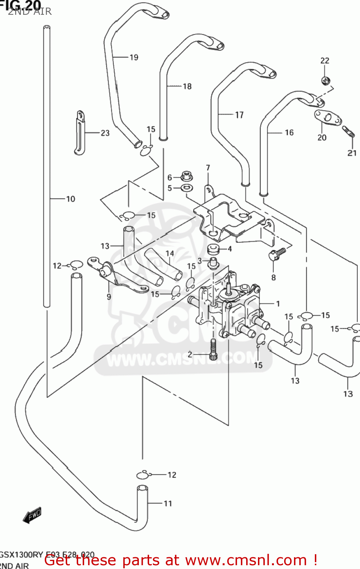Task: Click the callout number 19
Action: (x=134, y=58)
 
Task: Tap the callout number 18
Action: (x=187, y=86)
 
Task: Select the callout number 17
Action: (x=239, y=115)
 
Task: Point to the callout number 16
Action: (x=289, y=132)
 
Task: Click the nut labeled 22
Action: (x=325, y=80)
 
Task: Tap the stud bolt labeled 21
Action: (x=348, y=131)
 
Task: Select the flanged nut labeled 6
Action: (x=186, y=176)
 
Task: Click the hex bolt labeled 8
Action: (x=276, y=254)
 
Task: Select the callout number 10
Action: (x=71, y=199)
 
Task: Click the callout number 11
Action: (x=168, y=504)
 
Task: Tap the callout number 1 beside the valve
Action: (x=278, y=303)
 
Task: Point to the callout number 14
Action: (x=170, y=253)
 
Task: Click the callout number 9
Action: (x=109, y=297)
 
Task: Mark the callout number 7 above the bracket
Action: (x=208, y=168)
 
